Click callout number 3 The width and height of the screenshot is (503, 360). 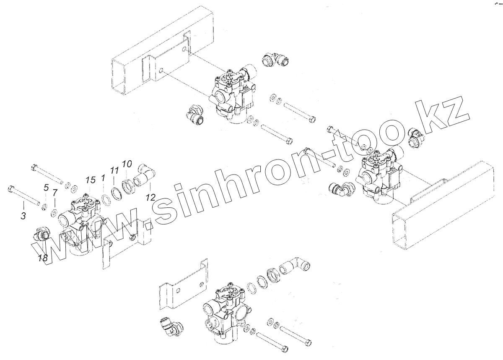[23, 217]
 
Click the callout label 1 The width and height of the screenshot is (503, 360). [103, 178]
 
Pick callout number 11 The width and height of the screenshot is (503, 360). [114, 170]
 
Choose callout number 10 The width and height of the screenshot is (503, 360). [127, 163]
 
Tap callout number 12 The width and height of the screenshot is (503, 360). [151, 197]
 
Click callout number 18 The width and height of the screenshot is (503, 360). [43, 258]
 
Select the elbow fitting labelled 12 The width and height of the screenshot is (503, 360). [145, 176]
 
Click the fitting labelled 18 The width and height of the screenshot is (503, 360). [41, 235]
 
